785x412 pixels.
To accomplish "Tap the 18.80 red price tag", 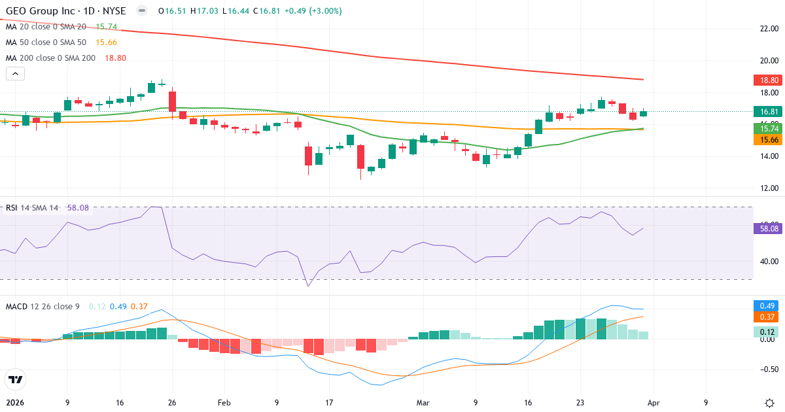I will pyautogui.click(x=767, y=80).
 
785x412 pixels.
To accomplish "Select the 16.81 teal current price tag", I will pyautogui.click(x=767, y=112).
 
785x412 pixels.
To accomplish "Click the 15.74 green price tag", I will pyautogui.click(x=767, y=129).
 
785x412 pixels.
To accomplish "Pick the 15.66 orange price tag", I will pyautogui.click(x=767, y=140).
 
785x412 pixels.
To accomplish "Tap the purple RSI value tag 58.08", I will pyautogui.click(x=767, y=229).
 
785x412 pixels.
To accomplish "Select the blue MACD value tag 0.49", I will pyautogui.click(x=767, y=306).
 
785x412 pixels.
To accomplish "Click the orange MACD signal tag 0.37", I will pyautogui.click(x=767, y=317).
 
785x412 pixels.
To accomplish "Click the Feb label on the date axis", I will pyautogui.click(x=224, y=403).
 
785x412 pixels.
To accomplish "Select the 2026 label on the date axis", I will pyautogui.click(x=14, y=403).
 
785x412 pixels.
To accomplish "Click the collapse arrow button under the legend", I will pyautogui.click(x=15, y=74).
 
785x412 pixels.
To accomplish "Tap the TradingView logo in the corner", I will pyautogui.click(x=15, y=379).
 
